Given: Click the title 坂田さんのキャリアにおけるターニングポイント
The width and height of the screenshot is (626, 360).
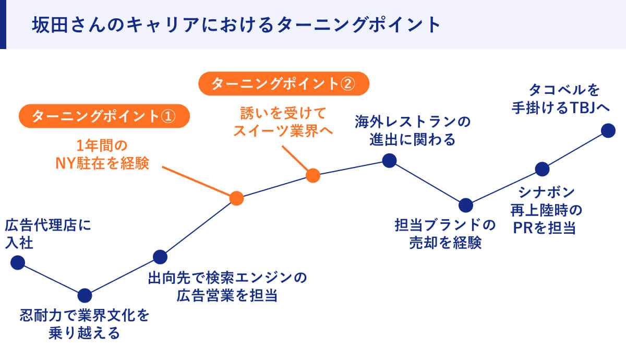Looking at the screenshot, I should pos(236,25).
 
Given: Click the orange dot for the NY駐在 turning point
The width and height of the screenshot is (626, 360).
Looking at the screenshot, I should pos(236,198).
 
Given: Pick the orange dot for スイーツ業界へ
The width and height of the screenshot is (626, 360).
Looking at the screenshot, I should pos(312,175).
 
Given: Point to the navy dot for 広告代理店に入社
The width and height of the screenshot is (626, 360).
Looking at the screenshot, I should pos(18,262).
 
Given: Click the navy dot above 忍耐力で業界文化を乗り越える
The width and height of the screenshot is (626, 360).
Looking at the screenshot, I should pos(85,296).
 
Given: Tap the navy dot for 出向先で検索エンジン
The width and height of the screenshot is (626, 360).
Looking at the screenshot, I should pos(160,257).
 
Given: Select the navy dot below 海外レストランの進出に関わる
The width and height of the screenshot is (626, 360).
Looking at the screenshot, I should pos(389,160).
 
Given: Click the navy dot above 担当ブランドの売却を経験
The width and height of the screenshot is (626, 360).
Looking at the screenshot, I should pos(465,206).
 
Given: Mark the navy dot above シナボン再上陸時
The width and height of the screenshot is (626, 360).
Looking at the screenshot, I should pos(542,169).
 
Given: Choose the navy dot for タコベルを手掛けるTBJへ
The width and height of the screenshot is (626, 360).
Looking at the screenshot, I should pos(608,130).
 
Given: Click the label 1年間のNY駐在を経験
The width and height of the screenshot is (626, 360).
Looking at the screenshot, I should pos(102,155).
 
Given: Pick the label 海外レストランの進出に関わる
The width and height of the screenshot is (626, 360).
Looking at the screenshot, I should pos(413,131).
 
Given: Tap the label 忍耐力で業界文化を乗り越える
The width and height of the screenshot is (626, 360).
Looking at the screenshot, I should pos(85,324).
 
